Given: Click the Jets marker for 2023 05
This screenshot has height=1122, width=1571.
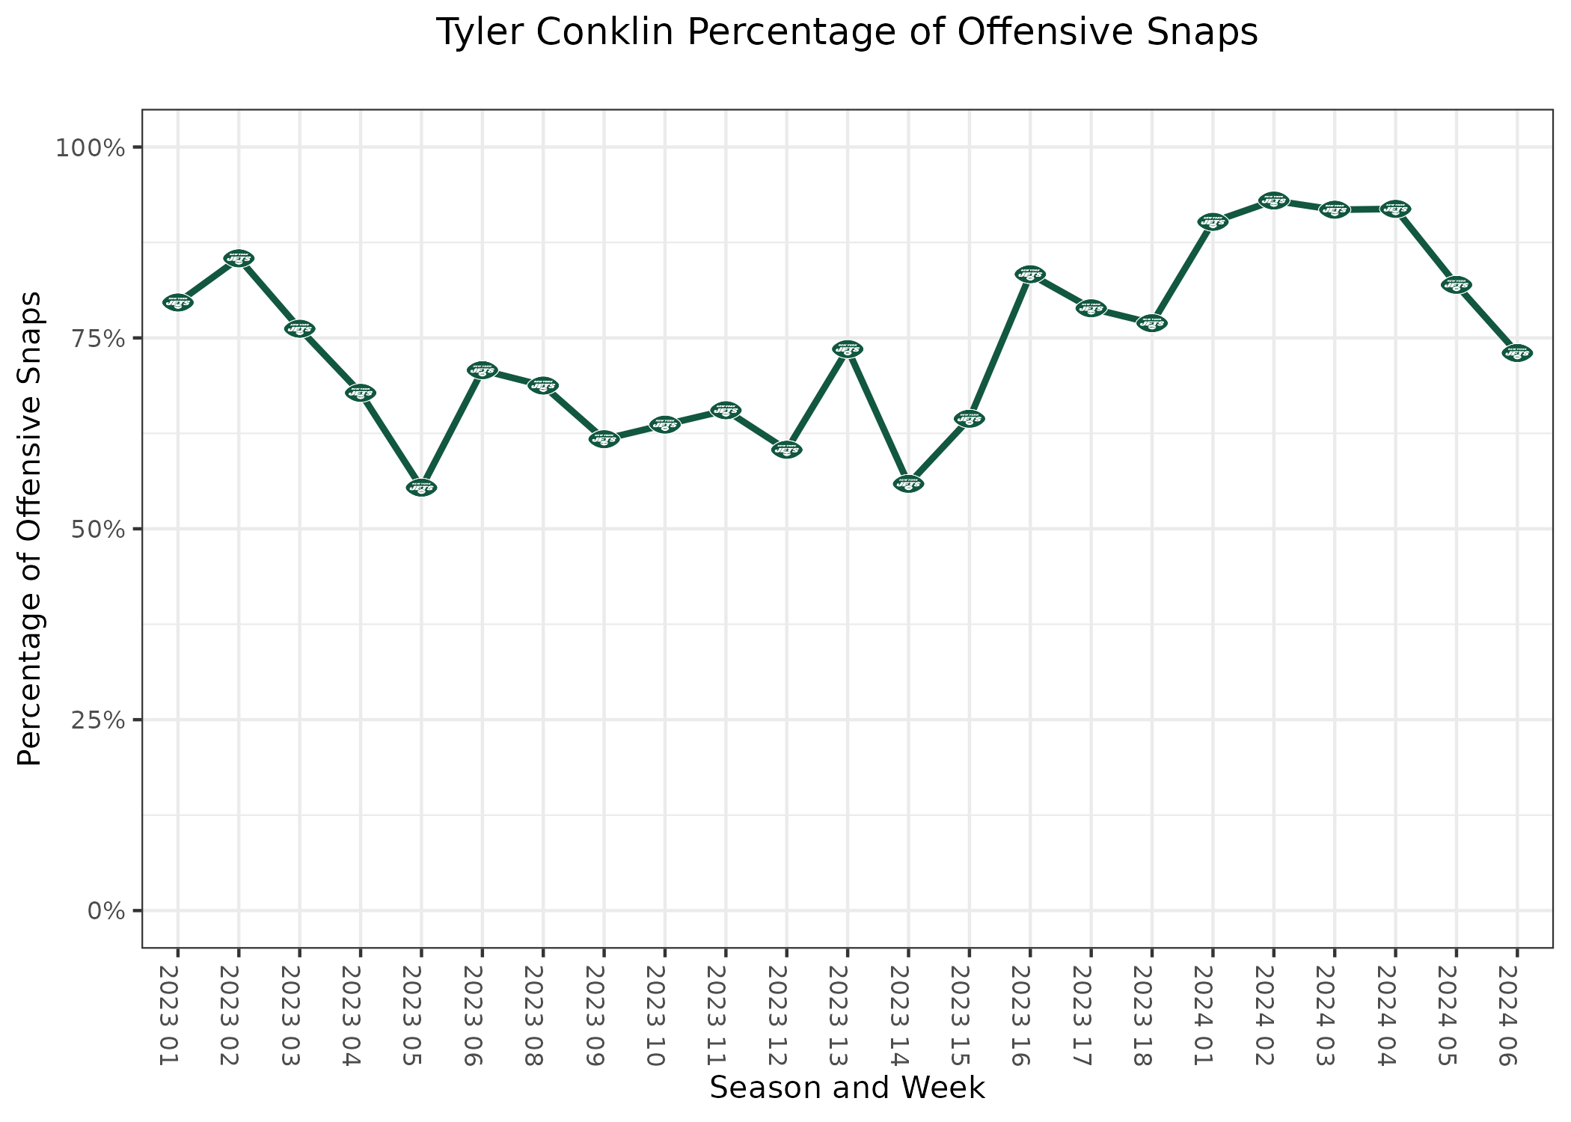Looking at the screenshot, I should (x=421, y=488).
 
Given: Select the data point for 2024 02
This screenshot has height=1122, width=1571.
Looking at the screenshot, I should (x=1273, y=200).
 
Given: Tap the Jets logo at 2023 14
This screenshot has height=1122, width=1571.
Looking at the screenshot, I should (x=908, y=484).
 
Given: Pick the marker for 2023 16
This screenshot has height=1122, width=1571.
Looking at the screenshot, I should (x=1030, y=275).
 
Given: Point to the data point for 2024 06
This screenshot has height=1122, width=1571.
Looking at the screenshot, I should (x=1517, y=353).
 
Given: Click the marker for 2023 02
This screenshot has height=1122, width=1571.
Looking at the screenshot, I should (x=239, y=258).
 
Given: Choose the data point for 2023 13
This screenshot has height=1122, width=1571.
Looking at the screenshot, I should (x=848, y=349).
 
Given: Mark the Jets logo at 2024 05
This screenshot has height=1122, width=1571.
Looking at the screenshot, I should (x=1456, y=285).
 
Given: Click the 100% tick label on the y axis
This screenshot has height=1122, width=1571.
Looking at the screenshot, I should (x=89, y=147).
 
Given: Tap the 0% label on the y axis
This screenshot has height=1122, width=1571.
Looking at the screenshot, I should (x=105, y=911).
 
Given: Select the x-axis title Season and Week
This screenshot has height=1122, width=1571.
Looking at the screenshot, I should (x=847, y=1088).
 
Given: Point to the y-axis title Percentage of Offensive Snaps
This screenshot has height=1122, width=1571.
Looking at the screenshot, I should (x=30, y=529).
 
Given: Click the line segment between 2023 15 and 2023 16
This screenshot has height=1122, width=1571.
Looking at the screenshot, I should (x=999, y=347).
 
